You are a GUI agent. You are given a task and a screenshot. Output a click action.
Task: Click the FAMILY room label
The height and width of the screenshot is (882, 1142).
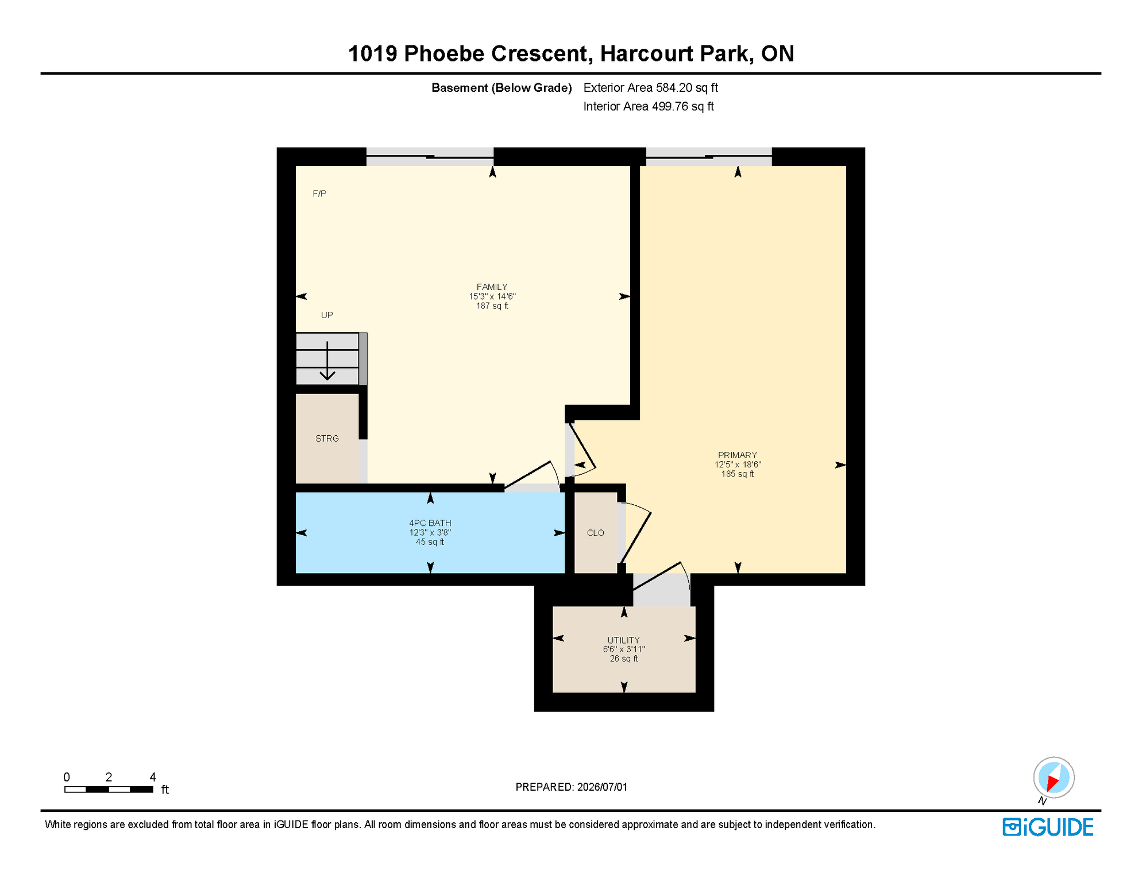tap(492, 287)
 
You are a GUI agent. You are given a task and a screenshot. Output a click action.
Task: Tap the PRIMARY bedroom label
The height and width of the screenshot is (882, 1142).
tap(738, 455)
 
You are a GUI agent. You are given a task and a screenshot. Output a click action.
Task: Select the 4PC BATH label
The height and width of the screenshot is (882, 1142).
tap(430, 523)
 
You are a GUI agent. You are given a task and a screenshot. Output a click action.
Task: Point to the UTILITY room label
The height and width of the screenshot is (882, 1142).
tap(624, 640)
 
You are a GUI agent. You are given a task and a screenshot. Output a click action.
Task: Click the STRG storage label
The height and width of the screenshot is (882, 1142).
tap(327, 439)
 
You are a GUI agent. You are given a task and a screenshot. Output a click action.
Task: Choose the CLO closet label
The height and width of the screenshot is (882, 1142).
tap(596, 533)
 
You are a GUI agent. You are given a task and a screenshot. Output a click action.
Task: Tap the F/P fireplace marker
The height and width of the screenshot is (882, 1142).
tap(319, 194)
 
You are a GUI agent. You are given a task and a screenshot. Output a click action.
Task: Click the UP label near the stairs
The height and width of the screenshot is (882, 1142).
tap(327, 315)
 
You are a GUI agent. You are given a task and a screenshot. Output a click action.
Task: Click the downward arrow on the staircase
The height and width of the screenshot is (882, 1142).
tap(327, 361)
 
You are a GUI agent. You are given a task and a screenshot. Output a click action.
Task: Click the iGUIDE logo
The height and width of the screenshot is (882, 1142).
tap(1048, 827)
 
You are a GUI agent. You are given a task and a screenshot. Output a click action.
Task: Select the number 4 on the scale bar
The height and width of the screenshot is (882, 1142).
tap(153, 777)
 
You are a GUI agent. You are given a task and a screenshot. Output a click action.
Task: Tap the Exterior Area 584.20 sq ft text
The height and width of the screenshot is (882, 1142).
tap(651, 88)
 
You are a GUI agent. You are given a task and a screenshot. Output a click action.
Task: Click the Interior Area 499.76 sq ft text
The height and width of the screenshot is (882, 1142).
tap(649, 106)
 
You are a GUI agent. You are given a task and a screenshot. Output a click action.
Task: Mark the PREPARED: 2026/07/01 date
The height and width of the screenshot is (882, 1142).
tap(572, 787)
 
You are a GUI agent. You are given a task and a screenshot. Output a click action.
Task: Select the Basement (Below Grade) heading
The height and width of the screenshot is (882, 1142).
tap(501, 88)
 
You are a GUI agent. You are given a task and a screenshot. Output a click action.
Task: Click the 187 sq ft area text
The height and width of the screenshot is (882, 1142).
tap(492, 306)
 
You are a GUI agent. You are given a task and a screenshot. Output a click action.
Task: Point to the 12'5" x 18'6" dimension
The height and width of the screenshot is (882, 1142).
tap(738, 465)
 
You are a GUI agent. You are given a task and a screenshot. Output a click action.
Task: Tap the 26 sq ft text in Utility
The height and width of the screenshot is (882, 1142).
tap(624, 659)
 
